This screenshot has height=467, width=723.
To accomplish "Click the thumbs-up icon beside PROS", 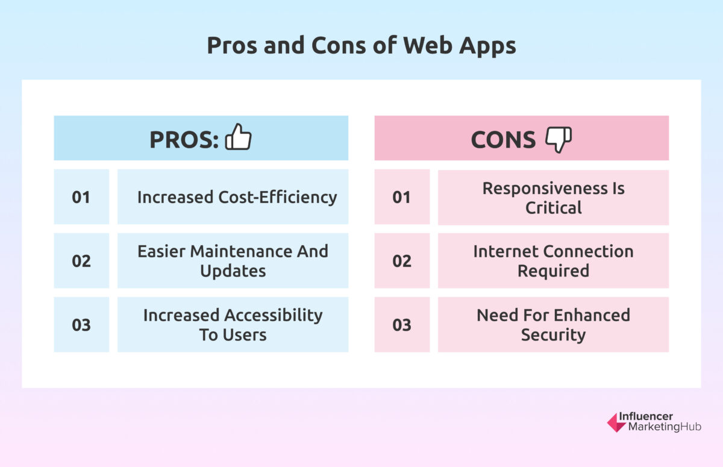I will pos(238,137).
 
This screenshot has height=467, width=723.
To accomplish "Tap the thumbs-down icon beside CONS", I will pos(559,139).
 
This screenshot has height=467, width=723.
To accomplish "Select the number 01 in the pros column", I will pos(81,197).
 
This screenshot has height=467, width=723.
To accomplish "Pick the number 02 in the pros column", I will pos(81,261).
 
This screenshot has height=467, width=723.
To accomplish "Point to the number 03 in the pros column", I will pos(81,325).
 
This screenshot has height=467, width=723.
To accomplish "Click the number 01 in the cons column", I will pos(401,197).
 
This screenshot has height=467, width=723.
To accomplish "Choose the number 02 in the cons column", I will pos(401,261).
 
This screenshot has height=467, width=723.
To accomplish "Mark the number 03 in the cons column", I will pos(401,325).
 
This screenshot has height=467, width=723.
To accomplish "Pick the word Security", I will pos(553,334).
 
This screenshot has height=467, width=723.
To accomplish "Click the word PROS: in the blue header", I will pos(184,139).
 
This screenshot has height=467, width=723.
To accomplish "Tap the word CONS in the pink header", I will pos(503,139).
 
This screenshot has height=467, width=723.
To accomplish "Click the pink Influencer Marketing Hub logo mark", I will pos(616,422).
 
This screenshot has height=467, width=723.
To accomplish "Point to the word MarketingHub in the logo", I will pos(665,427).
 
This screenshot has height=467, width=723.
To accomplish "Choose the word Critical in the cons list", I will pos(553,208).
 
